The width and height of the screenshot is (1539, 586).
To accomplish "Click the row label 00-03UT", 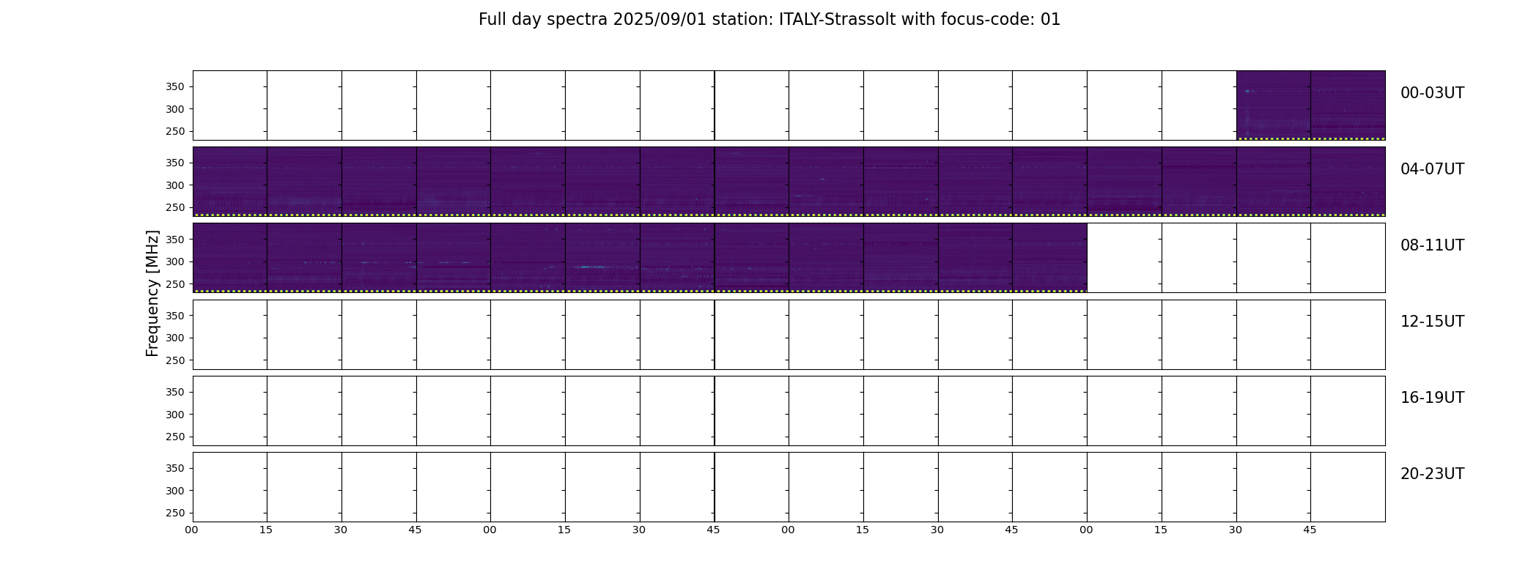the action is (x=1432, y=93).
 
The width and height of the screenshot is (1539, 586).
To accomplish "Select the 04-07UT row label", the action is (x=1432, y=169).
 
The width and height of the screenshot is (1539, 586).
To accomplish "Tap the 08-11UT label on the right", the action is (x=1432, y=245).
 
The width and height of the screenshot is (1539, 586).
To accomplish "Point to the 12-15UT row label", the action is (x=1432, y=322).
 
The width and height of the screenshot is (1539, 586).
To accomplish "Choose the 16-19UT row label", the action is (x=1432, y=398).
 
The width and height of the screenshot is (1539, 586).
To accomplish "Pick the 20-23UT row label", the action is (x=1432, y=474).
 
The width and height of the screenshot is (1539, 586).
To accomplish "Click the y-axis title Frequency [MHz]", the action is (x=152, y=293).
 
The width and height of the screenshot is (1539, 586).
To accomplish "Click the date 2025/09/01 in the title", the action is (x=660, y=20).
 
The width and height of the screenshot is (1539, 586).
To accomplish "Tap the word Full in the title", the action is (x=492, y=20).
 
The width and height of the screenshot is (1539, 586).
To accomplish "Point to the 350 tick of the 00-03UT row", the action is (x=175, y=87).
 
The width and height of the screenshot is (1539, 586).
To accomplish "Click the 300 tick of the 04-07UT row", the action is (x=175, y=185).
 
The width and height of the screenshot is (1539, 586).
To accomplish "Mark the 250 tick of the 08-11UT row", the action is (x=175, y=284).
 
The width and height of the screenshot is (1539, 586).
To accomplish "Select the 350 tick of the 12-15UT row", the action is (x=175, y=316).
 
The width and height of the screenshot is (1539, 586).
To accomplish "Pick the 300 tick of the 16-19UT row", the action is (x=175, y=415).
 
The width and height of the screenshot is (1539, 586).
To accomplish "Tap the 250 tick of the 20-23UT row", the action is (x=175, y=513).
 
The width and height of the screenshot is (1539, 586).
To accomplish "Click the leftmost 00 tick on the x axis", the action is (x=191, y=530).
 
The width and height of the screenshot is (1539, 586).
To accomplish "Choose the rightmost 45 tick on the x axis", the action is (x=1310, y=530).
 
